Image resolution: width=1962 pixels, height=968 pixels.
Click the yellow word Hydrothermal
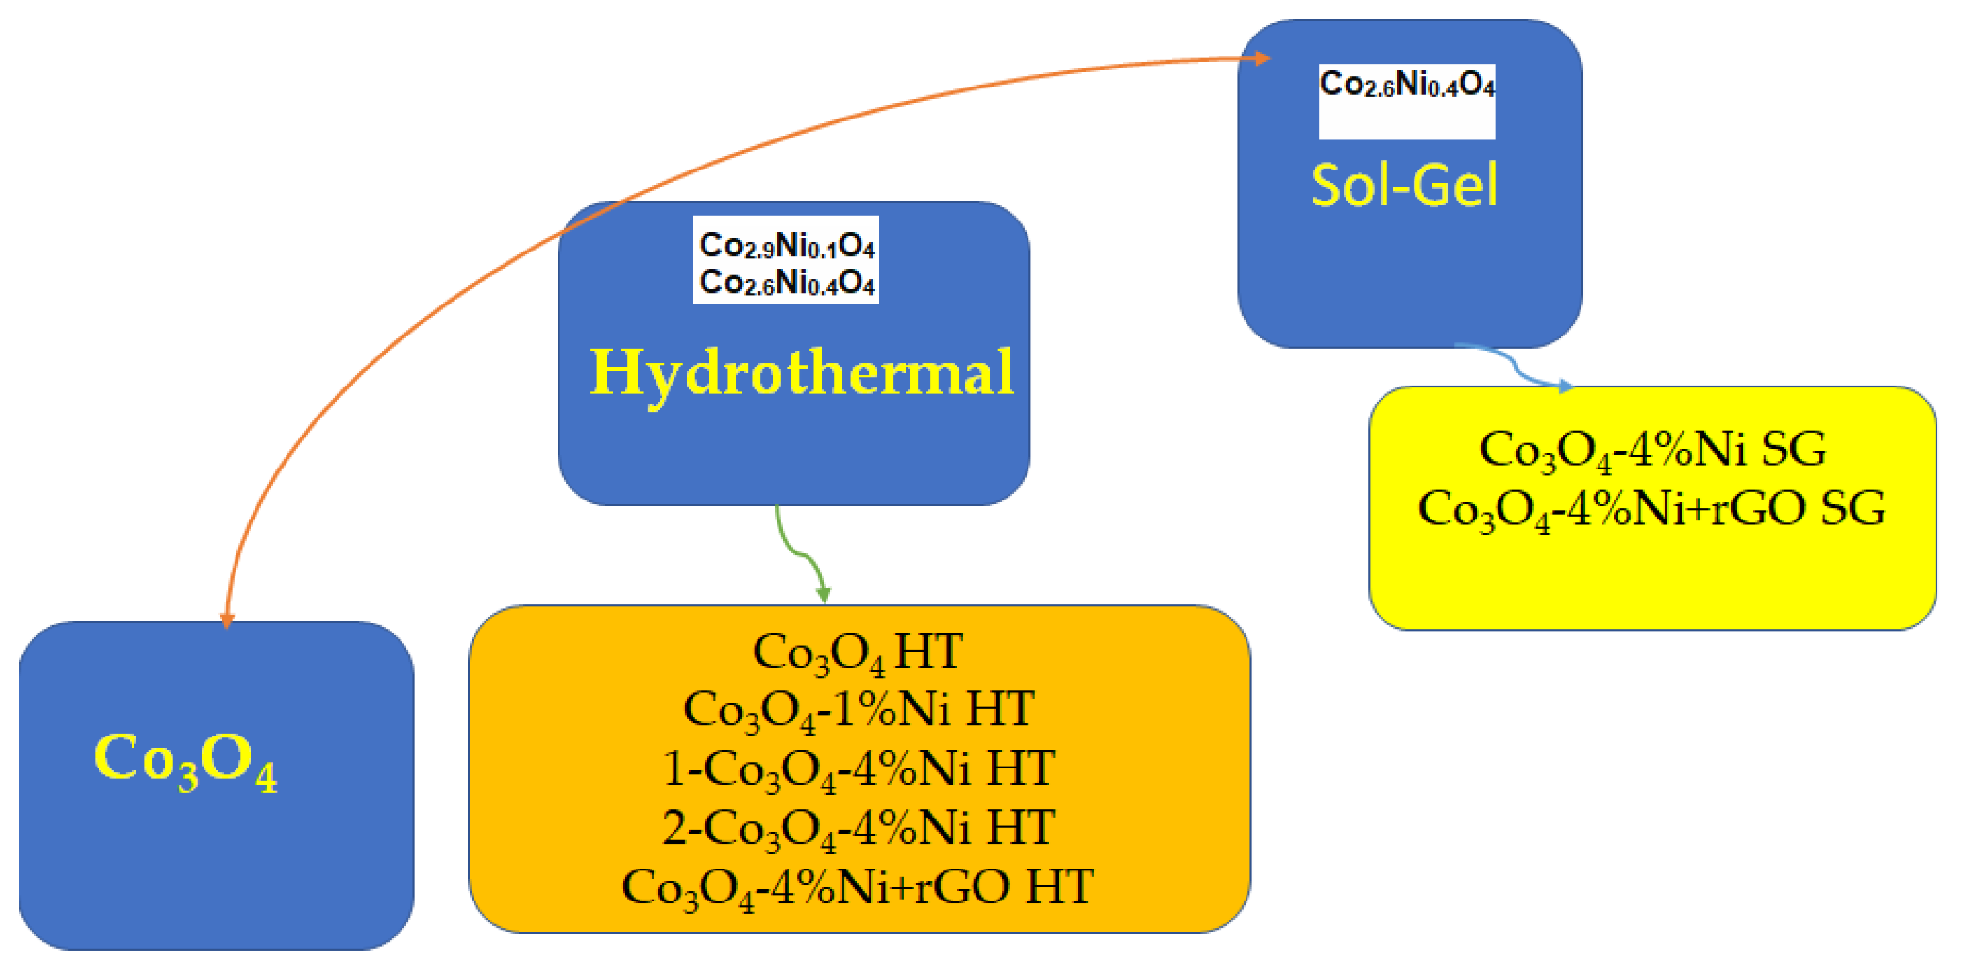click(x=801, y=373)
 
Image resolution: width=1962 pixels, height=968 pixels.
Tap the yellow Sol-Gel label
click(x=1404, y=186)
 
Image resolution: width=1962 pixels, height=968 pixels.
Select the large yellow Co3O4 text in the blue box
click(x=185, y=760)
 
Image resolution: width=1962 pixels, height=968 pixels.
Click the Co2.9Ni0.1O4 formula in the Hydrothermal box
click(x=787, y=245)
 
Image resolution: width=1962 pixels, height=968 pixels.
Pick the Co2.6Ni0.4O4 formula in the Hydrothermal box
click(x=787, y=283)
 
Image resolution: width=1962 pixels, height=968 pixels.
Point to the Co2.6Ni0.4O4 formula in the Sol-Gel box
click(x=1407, y=84)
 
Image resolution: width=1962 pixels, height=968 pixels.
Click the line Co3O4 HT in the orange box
click(x=858, y=653)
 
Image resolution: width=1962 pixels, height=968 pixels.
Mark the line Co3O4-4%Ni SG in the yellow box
click(x=1652, y=449)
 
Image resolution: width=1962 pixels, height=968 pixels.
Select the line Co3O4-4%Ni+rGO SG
click(x=1652, y=509)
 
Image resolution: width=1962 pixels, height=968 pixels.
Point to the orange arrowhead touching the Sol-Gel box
click(x=1261, y=58)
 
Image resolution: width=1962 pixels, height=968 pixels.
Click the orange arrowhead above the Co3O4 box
click(x=226, y=620)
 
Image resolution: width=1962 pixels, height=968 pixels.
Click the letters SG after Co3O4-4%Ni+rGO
click(x=1852, y=508)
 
